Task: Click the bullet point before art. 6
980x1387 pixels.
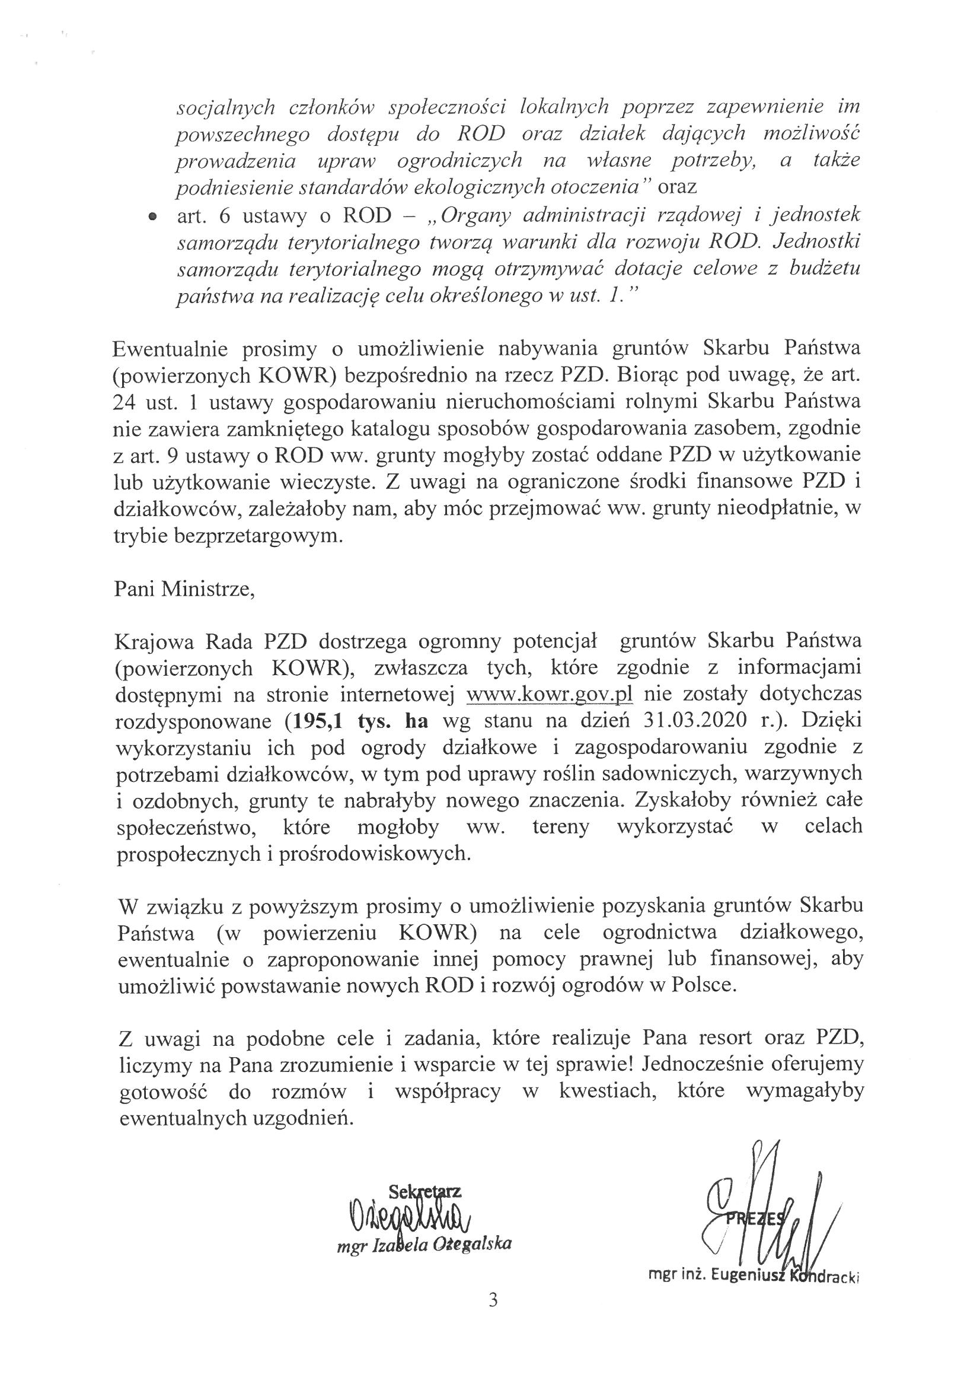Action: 153,217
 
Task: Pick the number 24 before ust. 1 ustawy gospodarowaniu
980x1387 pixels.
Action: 125,402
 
